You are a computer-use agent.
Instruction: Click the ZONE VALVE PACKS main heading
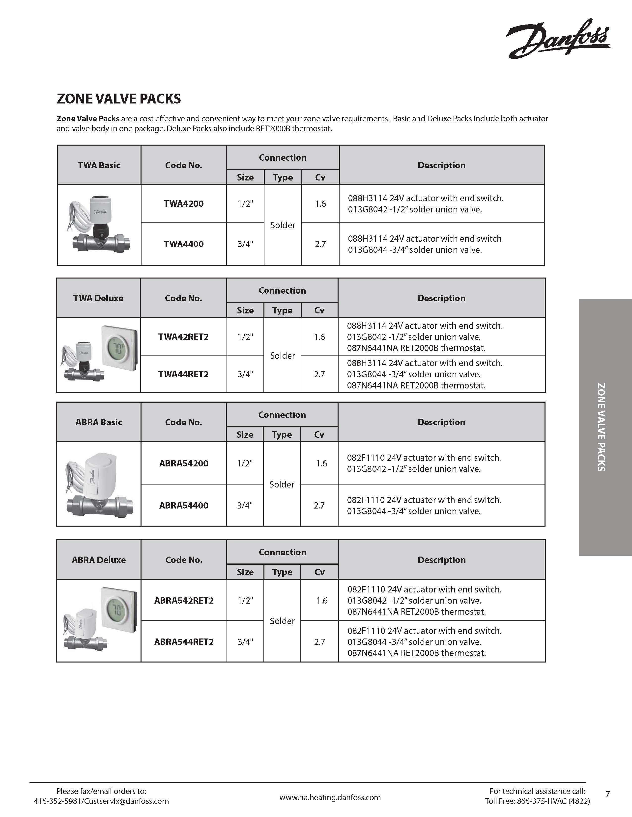pyautogui.click(x=119, y=99)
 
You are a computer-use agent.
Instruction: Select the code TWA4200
pyautogui.click(x=183, y=204)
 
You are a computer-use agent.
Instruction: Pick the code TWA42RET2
pyautogui.click(x=183, y=337)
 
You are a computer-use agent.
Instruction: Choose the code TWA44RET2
pyautogui.click(x=183, y=374)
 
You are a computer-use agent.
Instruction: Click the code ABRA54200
pyautogui.click(x=183, y=463)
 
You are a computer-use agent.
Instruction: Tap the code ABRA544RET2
pyautogui.click(x=184, y=642)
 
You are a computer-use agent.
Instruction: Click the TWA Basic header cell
pyautogui.click(x=99, y=165)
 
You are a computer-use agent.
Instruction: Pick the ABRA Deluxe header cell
pyautogui.click(x=99, y=560)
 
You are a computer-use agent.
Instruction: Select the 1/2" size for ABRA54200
pyautogui.click(x=245, y=463)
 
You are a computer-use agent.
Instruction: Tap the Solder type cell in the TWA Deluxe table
pyautogui.click(x=282, y=356)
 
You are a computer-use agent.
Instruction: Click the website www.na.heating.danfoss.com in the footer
pyautogui.click(x=330, y=797)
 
